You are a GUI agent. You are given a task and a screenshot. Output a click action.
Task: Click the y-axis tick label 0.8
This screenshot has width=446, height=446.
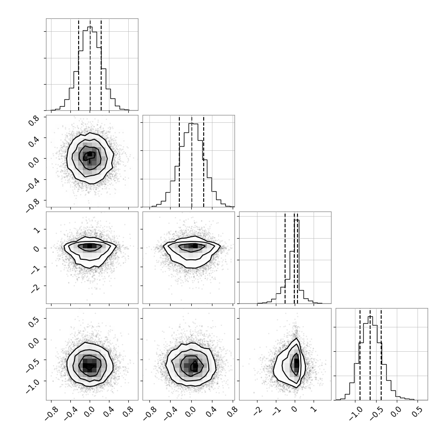[x=34, y=120]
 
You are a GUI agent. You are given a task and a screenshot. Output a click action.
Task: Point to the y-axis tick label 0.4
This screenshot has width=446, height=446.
[x=34, y=141]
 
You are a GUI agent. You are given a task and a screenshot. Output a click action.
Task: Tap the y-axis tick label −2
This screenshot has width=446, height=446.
[x=36, y=288]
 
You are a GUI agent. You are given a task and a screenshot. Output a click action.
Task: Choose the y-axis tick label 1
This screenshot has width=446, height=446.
[x=37, y=230]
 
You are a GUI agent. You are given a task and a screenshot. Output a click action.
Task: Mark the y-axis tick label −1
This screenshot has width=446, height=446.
[x=36, y=269]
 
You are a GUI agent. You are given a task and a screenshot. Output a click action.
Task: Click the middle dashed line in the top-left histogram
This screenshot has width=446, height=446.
[x=90, y=64]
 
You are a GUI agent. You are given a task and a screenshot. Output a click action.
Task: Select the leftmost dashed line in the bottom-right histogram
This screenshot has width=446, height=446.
[x=360, y=355]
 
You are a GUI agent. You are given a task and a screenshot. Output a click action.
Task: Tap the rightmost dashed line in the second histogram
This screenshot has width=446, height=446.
[x=204, y=161]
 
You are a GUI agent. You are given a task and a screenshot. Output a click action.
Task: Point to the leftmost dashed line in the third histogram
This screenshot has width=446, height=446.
[x=285, y=257]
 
